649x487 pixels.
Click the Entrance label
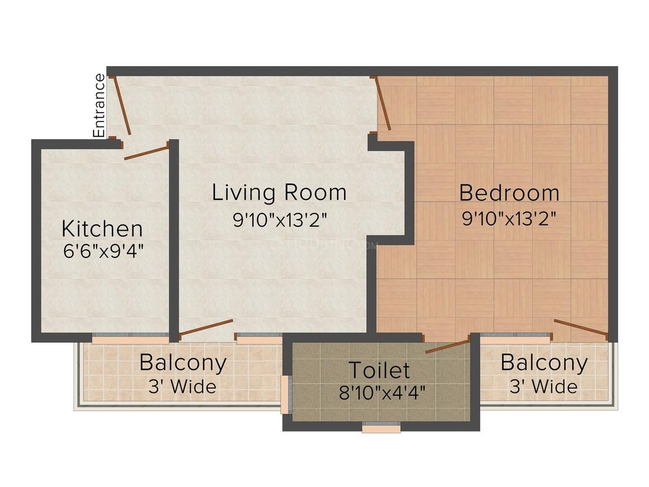point(100,105)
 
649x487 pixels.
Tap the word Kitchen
point(102,229)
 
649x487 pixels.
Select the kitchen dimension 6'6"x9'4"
point(104,250)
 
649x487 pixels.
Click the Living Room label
point(279,193)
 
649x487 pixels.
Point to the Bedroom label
point(509,193)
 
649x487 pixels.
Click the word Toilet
point(379,370)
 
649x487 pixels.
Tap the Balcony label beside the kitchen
point(183,363)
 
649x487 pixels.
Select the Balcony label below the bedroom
point(544,363)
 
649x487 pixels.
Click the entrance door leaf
point(122,106)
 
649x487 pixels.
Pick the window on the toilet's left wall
point(285,394)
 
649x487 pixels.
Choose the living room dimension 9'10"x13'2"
point(279,219)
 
